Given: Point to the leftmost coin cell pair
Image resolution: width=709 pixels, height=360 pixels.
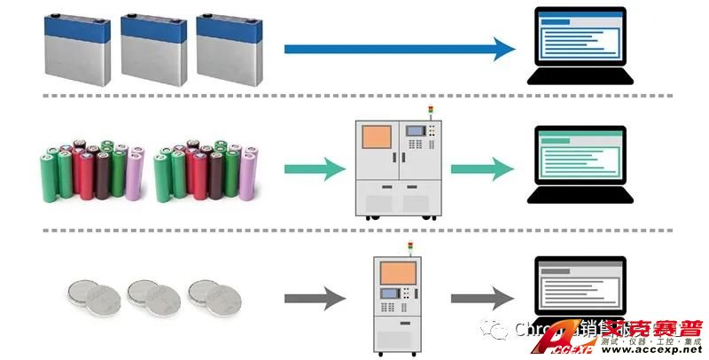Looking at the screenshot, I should click(93, 293).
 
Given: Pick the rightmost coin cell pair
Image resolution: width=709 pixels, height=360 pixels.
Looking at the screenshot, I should click(212, 293).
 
